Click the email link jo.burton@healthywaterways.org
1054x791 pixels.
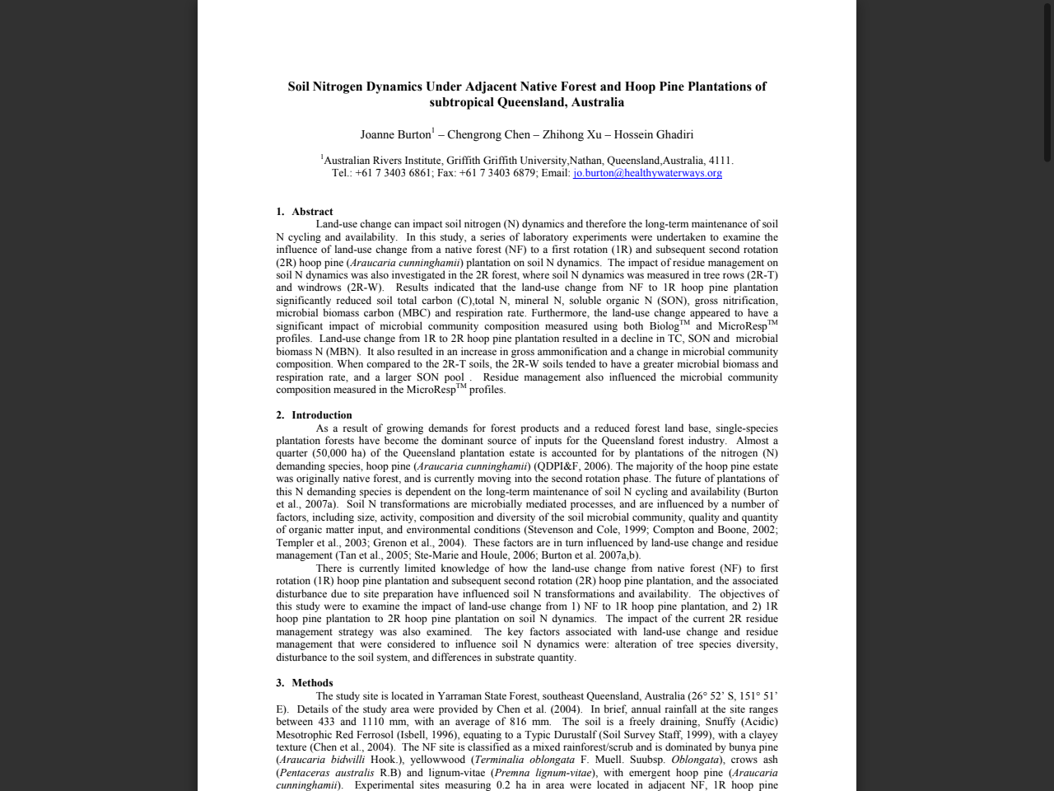[x=647, y=173]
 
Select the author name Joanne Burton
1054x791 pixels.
[x=395, y=134]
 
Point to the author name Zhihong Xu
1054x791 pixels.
[x=571, y=134]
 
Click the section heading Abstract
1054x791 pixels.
[x=312, y=212]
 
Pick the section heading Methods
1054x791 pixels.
[x=312, y=683]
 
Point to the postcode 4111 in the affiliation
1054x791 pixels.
[x=719, y=161]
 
